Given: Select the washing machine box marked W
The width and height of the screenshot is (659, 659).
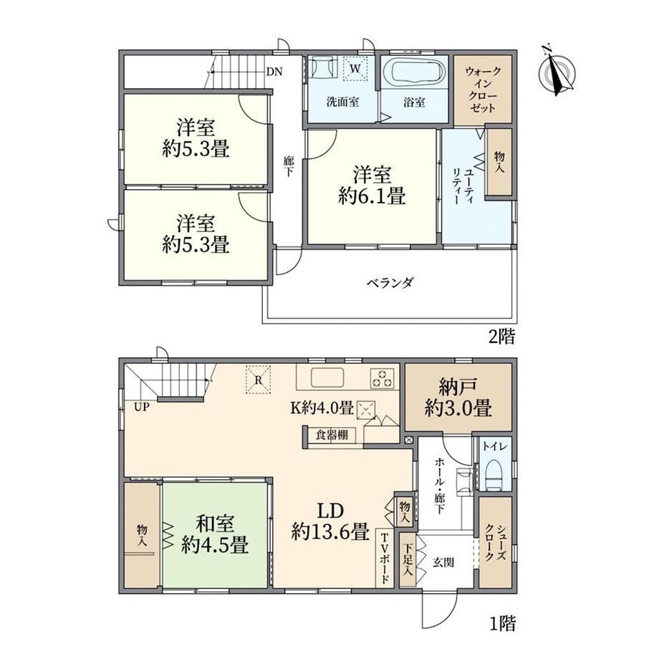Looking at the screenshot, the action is coord(355,68).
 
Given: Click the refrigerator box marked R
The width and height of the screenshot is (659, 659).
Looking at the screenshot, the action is coord(258,380).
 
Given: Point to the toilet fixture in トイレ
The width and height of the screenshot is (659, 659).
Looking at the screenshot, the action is coord(495,475).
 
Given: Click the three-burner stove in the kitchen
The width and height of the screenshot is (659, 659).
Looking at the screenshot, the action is coord(383,377).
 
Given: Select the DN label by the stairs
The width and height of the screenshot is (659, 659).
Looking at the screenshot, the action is coord(274,72).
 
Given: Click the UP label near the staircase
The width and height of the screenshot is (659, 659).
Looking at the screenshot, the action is coord(142,407).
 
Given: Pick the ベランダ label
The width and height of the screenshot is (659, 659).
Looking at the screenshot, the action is coord(390,282).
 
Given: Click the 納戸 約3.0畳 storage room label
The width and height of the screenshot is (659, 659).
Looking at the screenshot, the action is coord(458,397).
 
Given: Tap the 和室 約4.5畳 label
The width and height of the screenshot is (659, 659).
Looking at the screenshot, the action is coord(215,534).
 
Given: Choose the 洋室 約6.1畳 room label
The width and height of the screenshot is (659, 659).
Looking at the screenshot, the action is coord(372,186).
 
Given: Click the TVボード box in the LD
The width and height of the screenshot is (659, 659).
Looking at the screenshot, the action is coord(384,558).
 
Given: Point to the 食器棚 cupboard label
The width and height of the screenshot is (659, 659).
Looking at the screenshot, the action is coord(332,435).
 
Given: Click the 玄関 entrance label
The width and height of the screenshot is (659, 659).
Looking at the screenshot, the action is coord(443,562).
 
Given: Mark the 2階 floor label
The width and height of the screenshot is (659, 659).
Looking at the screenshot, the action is coord(502,337).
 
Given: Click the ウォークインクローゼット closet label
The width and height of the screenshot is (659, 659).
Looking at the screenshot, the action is coord(483,90).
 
